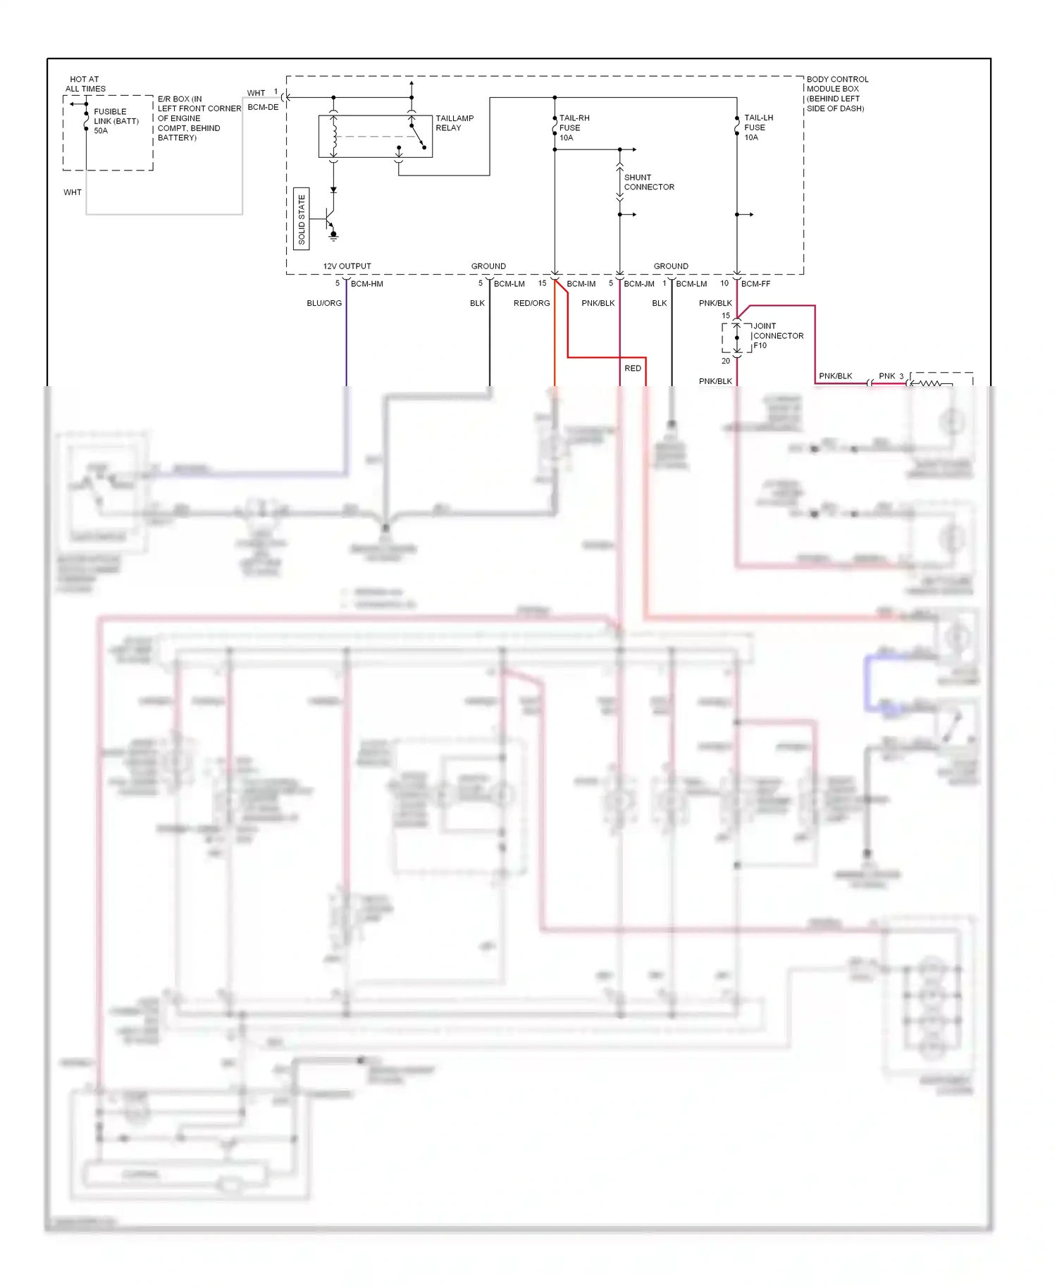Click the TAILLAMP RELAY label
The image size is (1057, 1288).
[x=454, y=123]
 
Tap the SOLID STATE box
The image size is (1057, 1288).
[x=302, y=219]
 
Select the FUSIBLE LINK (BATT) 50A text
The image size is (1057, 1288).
[x=116, y=121]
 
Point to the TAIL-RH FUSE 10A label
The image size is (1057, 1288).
[x=574, y=128]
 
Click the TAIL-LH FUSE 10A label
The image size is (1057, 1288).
[x=758, y=128]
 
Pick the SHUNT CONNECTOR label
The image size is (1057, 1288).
[x=648, y=182]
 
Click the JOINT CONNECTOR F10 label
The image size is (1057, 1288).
[x=778, y=336]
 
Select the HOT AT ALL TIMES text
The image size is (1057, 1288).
[x=85, y=84]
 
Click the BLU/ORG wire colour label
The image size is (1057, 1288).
[x=324, y=303]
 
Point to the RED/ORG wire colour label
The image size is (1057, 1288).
[x=531, y=303]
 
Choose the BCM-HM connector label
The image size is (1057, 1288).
[x=366, y=284]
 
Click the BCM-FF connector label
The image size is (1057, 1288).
[x=755, y=284]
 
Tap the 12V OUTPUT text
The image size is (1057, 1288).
[x=347, y=266]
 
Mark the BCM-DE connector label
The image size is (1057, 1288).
[x=263, y=107]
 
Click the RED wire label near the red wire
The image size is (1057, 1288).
[x=633, y=369]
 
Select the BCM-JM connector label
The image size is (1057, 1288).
[x=638, y=284]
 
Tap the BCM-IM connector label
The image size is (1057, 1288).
[x=581, y=284]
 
